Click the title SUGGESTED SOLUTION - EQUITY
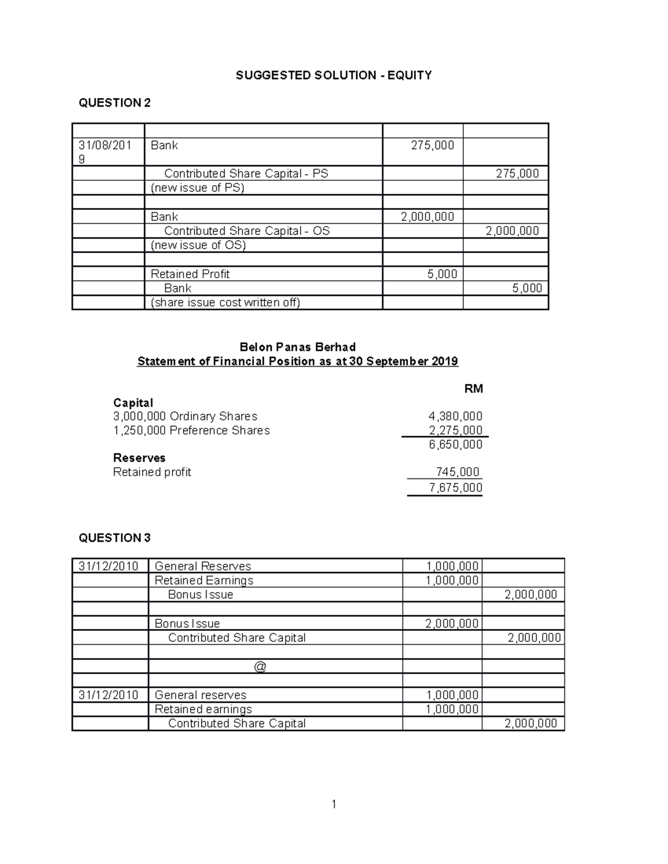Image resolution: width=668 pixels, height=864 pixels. pyautogui.click(x=333, y=75)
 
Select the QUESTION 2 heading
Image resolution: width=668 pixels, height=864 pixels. pyautogui.click(x=115, y=103)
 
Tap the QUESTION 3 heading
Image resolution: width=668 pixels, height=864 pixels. pyautogui.click(x=115, y=538)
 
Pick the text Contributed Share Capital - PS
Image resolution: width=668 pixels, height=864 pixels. pyautogui.click(x=245, y=174)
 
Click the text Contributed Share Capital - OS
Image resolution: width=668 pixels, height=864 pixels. pyautogui.click(x=247, y=231)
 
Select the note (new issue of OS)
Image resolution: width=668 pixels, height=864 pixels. pyautogui.click(x=198, y=245)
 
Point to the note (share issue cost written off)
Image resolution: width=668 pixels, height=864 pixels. pyautogui.click(x=225, y=303)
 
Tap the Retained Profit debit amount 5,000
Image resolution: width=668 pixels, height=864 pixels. pyautogui.click(x=442, y=274)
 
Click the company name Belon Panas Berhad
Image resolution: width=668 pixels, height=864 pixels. pyautogui.click(x=297, y=347)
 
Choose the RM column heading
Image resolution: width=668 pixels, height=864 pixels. pyautogui.click(x=473, y=389)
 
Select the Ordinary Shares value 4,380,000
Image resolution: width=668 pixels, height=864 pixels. pyautogui.click(x=455, y=416)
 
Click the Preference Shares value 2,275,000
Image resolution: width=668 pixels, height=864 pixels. pyautogui.click(x=455, y=431)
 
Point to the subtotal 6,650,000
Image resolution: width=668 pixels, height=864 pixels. pyautogui.click(x=455, y=445)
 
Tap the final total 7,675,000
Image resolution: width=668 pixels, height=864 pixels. pyautogui.click(x=455, y=488)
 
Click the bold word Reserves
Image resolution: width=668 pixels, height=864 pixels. pyautogui.click(x=139, y=458)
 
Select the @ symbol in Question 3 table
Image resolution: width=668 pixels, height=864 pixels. pyautogui.click(x=260, y=666)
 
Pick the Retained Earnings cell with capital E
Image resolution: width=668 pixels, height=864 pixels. pyautogui.click(x=204, y=580)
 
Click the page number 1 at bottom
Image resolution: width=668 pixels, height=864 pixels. pyautogui.click(x=333, y=804)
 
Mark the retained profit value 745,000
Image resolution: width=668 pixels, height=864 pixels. pyautogui.click(x=458, y=472)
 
